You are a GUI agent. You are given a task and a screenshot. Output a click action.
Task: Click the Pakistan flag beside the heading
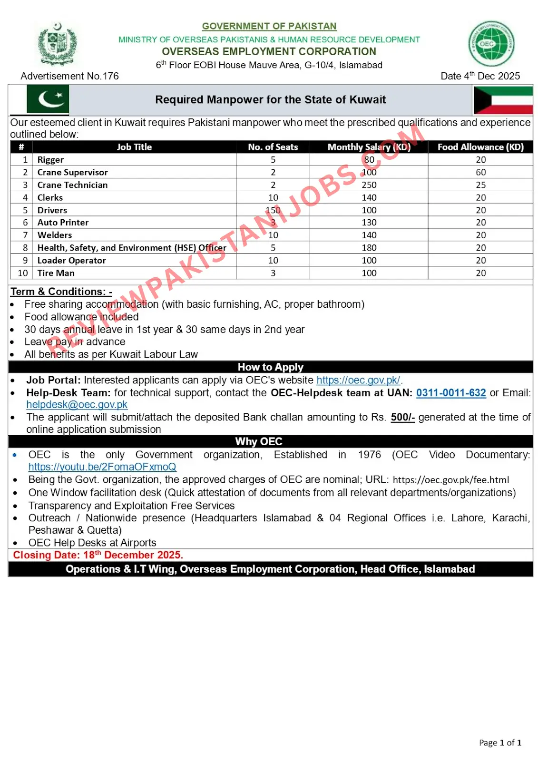[x=48, y=99]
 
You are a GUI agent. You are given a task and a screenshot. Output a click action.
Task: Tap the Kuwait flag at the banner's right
[x=503, y=100]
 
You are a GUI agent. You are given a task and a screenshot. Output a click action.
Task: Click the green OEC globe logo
[x=491, y=44]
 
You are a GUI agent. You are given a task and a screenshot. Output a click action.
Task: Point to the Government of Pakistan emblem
[x=58, y=44]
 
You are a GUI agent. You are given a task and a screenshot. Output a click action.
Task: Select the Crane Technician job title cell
[x=73, y=185]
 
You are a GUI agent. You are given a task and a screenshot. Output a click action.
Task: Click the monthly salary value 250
[x=369, y=185]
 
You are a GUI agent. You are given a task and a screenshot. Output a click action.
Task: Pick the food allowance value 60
[x=480, y=172]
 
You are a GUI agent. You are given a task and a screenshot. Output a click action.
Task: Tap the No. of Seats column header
[x=273, y=147]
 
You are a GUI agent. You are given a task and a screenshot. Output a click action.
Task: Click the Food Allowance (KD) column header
[x=480, y=147]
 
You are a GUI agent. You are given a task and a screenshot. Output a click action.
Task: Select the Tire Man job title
[x=56, y=273]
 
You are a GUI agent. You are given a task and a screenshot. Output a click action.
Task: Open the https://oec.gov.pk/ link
[x=358, y=380]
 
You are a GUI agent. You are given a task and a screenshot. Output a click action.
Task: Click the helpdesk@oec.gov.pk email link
[x=77, y=404]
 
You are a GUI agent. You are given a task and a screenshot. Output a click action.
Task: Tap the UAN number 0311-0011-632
[x=451, y=393]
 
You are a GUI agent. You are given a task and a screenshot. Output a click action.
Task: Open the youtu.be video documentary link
[x=102, y=467]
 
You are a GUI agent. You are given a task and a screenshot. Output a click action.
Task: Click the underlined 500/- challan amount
[x=402, y=417]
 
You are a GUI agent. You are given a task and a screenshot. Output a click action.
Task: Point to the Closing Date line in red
[x=98, y=555]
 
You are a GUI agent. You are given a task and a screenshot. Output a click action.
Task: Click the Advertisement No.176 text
[x=70, y=76]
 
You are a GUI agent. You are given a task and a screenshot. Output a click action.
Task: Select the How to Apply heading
[x=270, y=367]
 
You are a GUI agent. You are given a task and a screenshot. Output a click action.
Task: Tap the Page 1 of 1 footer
[x=500, y=742]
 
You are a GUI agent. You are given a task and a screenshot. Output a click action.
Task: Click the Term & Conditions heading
[x=61, y=292]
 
